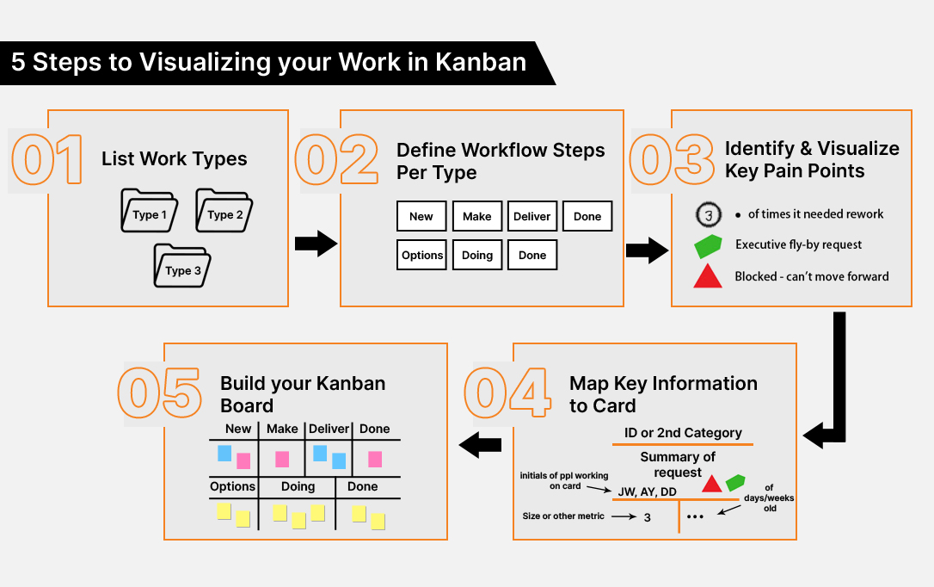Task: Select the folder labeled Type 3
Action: [182, 266]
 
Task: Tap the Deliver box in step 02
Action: [532, 216]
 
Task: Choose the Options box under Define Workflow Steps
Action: [421, 255]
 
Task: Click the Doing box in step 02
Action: [477, 255]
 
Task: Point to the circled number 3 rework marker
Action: [707, 214]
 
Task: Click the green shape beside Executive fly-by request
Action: [708, 245]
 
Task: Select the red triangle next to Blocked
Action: [708, 277]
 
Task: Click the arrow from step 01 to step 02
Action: [316, 244]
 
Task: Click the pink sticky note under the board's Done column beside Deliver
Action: [375, 459]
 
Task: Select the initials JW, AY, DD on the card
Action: [647, 491]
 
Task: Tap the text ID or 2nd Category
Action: [683, 433]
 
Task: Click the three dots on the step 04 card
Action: [696, 517]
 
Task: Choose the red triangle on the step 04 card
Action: [711, 484]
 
